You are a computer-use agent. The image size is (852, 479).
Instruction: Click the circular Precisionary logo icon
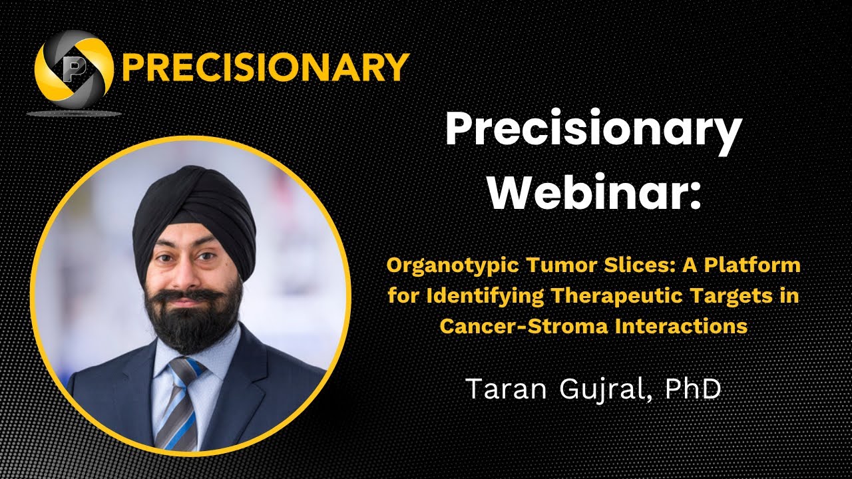73,67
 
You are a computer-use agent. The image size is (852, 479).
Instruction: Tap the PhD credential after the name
693,389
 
